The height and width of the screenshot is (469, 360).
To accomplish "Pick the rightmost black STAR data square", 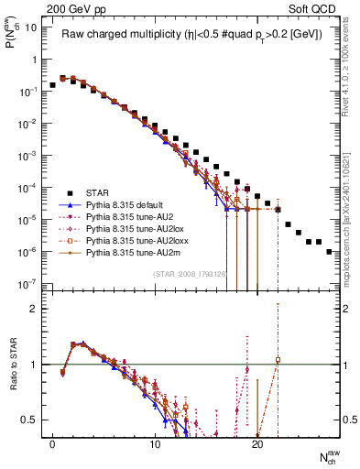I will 329,251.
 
